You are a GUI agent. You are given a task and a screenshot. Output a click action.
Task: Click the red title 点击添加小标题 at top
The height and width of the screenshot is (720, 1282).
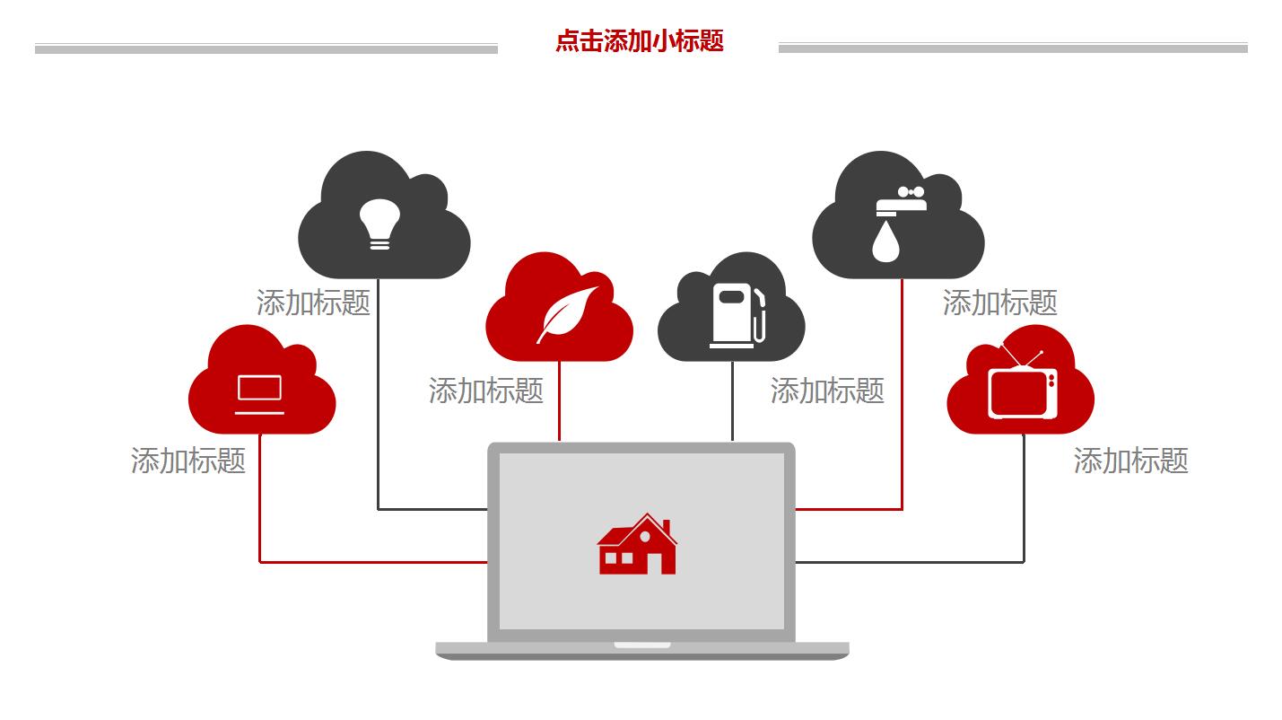pyautogui.click(x=639, y=41)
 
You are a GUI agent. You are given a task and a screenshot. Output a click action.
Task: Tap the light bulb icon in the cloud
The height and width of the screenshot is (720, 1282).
pyautogui.click(x=379, y=223)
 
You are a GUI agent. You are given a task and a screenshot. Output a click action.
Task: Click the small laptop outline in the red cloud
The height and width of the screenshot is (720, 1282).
pyautogui.click(x=259, y=394)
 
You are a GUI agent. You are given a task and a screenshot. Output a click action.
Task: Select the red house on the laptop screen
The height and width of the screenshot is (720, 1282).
pyautogui.click(x=637, y=545)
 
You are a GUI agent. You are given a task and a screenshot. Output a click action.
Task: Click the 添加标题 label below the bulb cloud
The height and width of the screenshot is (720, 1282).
pyautogui.click(x=313, y=303)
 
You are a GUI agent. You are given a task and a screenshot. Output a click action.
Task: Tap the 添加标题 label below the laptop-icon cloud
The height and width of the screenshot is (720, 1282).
pyautogui.click(x=188, y=461)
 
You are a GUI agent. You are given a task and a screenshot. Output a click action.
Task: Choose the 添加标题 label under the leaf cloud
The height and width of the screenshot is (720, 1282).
pyautogui.click(x=486, y=391)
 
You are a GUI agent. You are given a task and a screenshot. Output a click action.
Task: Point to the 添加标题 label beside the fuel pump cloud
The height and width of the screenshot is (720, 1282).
pyautogui.click(x=827, y=391)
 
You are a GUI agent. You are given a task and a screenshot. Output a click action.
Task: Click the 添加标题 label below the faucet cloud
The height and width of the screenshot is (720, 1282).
pyautogui.click(x=999, y=303)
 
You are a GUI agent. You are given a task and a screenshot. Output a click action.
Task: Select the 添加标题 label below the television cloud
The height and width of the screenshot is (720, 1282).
pyautogui.click(x=1130, y=461)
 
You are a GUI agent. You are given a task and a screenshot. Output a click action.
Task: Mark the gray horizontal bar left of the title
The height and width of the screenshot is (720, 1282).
pyautogui.click(x=266, y=49)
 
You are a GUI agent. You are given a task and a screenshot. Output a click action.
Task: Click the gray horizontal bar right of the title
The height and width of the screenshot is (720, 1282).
pyautogui.click(x=1013, y=48)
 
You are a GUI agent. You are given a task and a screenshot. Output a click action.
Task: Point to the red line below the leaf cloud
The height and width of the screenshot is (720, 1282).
pyautogui.click(x=560, y=400)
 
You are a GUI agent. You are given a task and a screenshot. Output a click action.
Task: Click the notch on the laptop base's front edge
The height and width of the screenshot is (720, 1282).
pyautogui.click(x=642, y=645)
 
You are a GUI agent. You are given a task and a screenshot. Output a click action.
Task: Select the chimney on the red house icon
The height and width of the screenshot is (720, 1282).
pyautogui.click(x=666, y=527)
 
